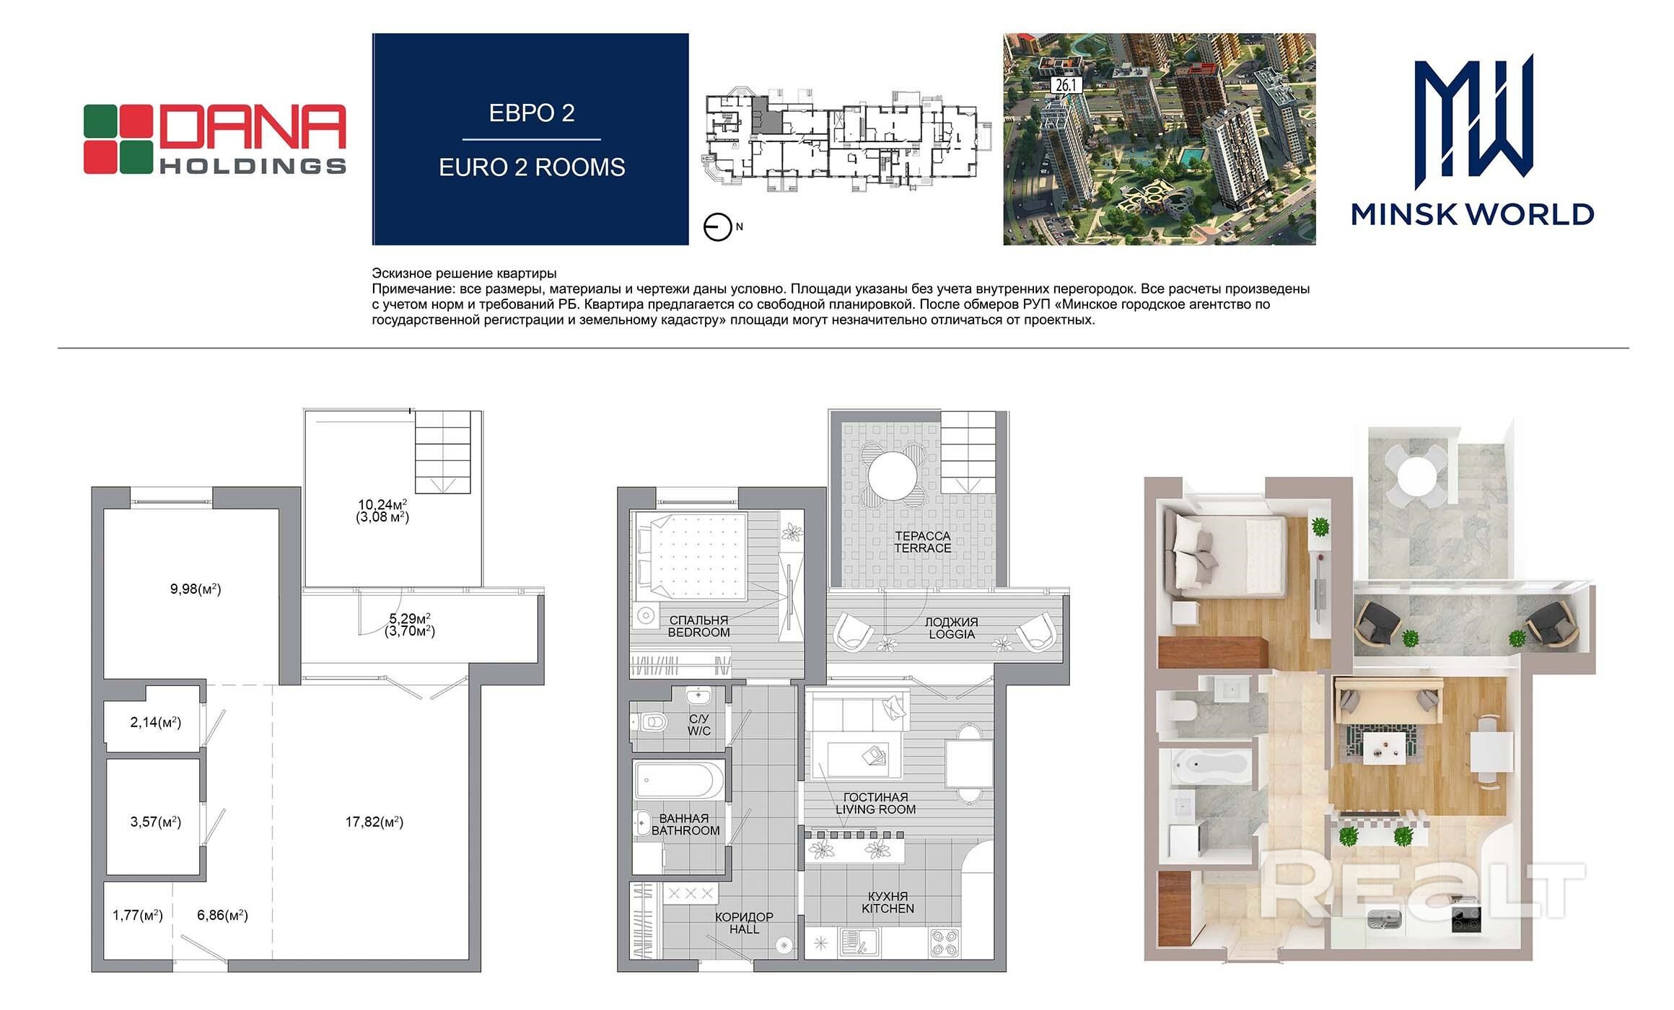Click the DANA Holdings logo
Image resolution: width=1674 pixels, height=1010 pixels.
[x=215, y=139]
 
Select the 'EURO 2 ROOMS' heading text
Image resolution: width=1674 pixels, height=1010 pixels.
[x=532, y=167]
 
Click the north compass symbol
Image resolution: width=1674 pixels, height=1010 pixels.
[x=718, y=228]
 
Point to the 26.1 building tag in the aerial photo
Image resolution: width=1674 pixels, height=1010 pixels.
[x=1065, y=85]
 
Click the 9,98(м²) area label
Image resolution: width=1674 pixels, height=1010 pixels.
[x=196, y=589]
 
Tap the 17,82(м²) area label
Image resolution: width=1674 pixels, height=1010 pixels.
[x=374, y=822]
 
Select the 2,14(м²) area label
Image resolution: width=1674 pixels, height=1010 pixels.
[x=155, y=722]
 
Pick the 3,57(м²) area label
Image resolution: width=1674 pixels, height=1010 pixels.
[x=155, y=822]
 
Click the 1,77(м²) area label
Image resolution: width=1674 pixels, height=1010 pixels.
[x=138, y=915]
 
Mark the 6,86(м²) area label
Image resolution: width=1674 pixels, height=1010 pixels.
[x=222, y=915]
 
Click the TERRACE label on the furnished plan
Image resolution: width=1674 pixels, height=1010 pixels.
[x=923, y=548]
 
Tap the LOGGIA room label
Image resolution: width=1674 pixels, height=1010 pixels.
[x=952, y=634]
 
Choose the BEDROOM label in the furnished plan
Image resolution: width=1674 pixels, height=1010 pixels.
[x=698, y=632]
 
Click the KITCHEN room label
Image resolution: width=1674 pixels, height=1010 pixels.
[x=888, y=909]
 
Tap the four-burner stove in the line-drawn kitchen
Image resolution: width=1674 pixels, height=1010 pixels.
[x=945, y=942]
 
